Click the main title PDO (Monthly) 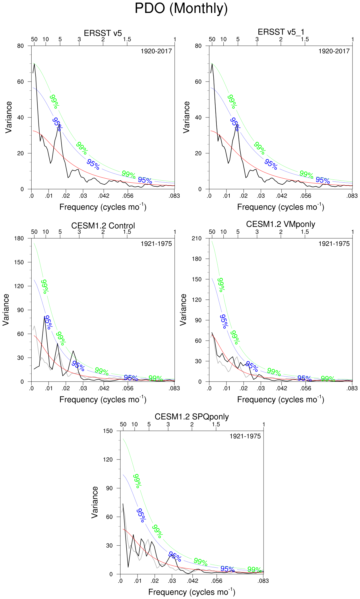[x=181, y=9]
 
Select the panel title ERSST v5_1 [x=281, y=32]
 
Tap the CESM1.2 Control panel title [x=103, y=226]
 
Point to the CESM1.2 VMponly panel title [x=281, y=224]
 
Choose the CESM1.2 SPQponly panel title [x=192, y=417]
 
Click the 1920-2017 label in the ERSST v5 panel [x=156, y=51]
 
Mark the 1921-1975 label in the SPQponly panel [x=245, y=436]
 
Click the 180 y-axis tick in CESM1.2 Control [x=19, y=238]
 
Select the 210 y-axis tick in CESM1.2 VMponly [x=197, y=238]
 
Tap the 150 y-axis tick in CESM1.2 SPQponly [x=108, y=431]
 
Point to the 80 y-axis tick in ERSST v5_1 [x=198, y=46]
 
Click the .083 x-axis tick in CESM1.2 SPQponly [x=263, y=581]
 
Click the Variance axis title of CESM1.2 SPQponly [x=95, y=502]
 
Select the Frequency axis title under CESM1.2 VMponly [x=281, y=399]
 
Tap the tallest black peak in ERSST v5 [x=34, y=64]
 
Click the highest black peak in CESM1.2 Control [x=44, y=316]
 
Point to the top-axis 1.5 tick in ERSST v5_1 [x=305, y=39]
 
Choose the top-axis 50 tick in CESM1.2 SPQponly [x=123, y=424]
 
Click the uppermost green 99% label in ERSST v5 [x=54, y=102]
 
